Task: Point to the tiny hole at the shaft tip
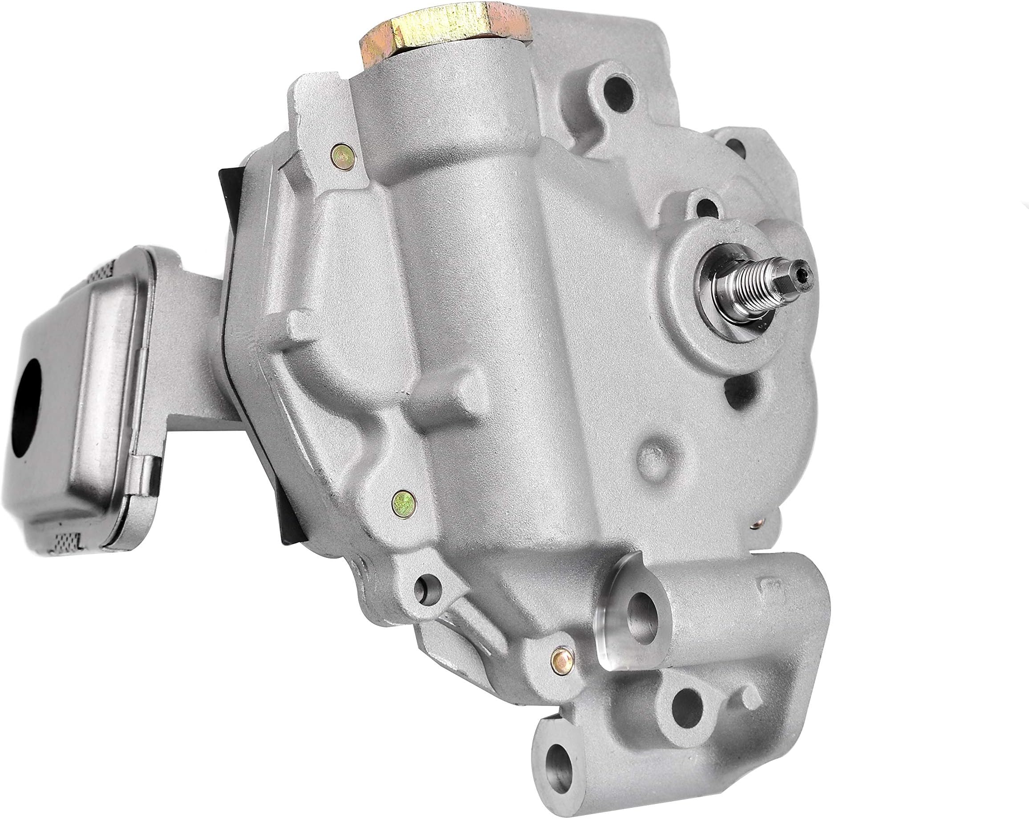pyautogui.click(x=806, y=272)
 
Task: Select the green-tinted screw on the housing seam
pyautogui.click(x=403, y=500)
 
